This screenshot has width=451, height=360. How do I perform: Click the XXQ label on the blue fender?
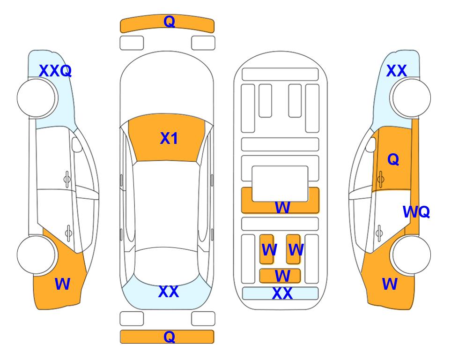55,71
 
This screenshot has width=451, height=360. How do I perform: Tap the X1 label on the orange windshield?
169,138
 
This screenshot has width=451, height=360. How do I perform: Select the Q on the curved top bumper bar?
169,22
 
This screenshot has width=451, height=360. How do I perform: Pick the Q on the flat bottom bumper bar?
169,337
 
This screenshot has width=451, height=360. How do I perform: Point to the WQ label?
416,212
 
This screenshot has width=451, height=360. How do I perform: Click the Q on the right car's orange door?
393,159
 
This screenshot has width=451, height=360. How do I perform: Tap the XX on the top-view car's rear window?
169,292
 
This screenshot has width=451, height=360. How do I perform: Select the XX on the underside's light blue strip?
282,293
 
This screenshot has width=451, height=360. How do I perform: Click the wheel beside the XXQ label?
37,98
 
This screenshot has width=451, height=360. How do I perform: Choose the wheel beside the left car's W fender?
36,255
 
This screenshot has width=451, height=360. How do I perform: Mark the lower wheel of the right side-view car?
411,255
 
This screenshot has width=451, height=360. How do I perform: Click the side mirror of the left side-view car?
76,144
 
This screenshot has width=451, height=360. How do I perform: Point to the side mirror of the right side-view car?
371,144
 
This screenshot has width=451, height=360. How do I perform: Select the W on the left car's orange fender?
62,284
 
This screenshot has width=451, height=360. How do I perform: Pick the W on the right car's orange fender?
390,284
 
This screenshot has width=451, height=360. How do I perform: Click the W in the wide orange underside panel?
282,207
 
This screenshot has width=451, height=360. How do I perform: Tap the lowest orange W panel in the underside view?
280,276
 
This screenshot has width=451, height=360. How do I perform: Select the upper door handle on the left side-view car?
67,180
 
